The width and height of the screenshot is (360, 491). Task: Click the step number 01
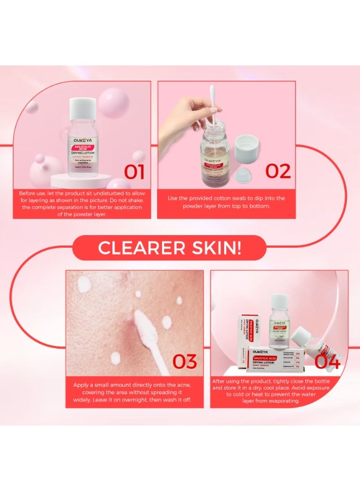coord(134,171)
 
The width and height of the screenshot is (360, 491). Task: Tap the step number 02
coord(278,170)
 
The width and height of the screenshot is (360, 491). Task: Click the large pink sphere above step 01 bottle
coord(113,102)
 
